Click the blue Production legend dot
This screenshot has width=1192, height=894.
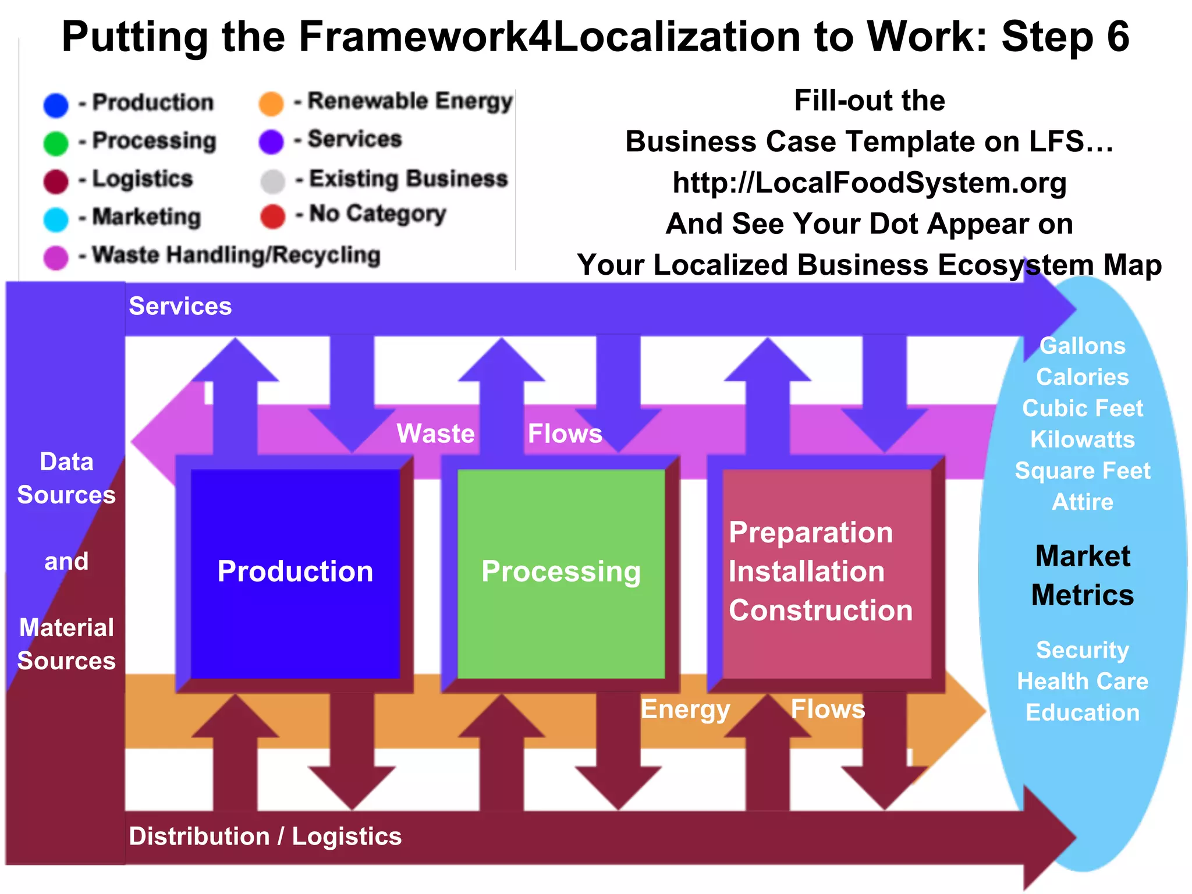(56, 105)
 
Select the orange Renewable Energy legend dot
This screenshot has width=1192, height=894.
(271, 104)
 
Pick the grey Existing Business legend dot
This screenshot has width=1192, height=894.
(272, 181)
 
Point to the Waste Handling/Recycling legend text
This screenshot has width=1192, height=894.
(236, 255)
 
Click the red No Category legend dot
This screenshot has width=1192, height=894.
(272, 216)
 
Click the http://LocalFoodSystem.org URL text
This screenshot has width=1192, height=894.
(870, 183)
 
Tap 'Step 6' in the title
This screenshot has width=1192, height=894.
(1065, 37)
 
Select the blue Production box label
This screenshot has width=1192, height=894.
(295, 572)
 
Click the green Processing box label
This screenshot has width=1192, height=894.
(561, 572)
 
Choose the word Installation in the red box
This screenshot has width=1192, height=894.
(807, 572)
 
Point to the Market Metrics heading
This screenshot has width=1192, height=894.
(1083, 575)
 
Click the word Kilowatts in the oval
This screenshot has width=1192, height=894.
(1083, 439)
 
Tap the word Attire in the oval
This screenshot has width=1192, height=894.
(1083, 502)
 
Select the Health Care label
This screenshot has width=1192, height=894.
(1083, 681)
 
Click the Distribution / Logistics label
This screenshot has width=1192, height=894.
(265, 836)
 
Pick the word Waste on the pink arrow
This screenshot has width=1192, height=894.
(435, 434)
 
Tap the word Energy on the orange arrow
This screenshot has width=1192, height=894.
(685, 709)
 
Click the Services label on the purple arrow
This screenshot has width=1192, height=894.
(180, 306)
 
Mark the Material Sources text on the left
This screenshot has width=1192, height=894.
(66, 644)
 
